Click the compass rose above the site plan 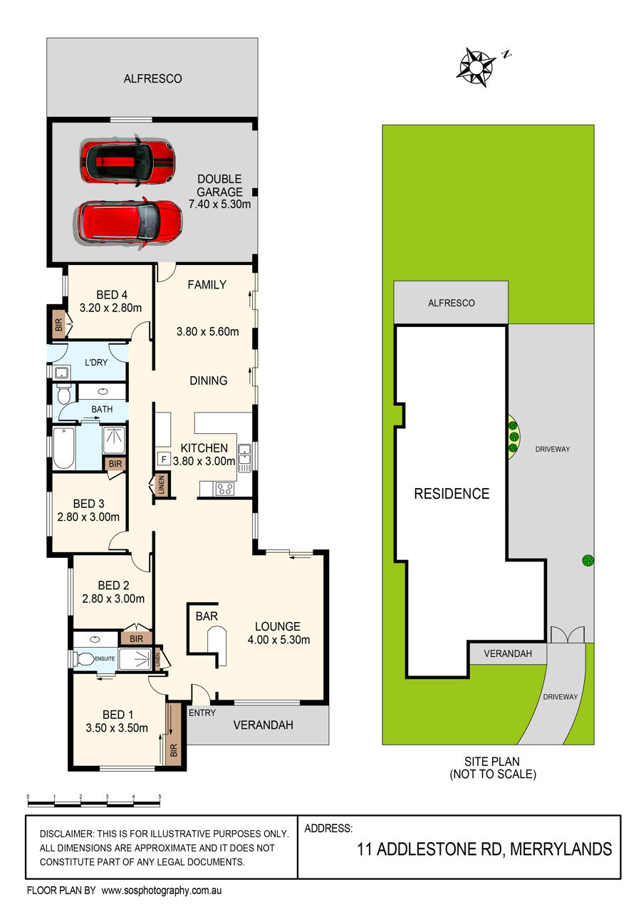coord(476,67)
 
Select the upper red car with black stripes coord(127,162)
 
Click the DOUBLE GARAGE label coord(219,185)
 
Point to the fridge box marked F coord(164,459)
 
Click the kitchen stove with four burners coord(224,489)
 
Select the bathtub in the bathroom coord(63,447)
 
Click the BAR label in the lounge coord(207,616)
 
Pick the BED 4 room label coord(112,295)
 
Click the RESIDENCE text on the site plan coord(452,494)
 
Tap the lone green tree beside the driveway coord(588,561)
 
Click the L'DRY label coord(96,363)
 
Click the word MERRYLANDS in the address coord(561,849)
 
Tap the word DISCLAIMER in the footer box coord(66,834)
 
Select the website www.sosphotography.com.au coord(162,891)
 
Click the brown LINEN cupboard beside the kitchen coord(161,484)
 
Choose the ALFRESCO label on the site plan coord(452,303)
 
